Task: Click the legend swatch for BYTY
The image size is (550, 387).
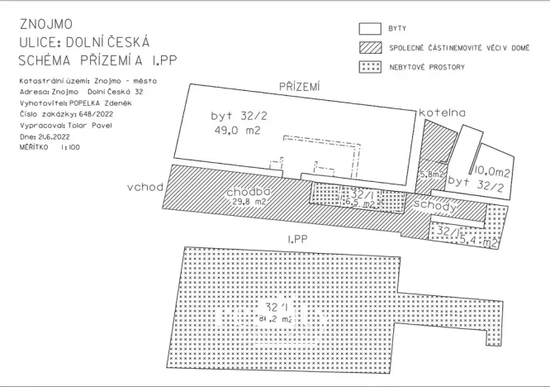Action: coord(369,29)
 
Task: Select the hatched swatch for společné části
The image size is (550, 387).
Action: coord(369,47)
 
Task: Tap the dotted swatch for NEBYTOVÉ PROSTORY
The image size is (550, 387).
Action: coord(369,66)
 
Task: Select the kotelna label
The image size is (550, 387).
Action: coord(440,112)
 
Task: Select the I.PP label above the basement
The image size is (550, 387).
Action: coord(297,239)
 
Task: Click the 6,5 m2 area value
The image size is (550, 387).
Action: coord(359,203)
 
